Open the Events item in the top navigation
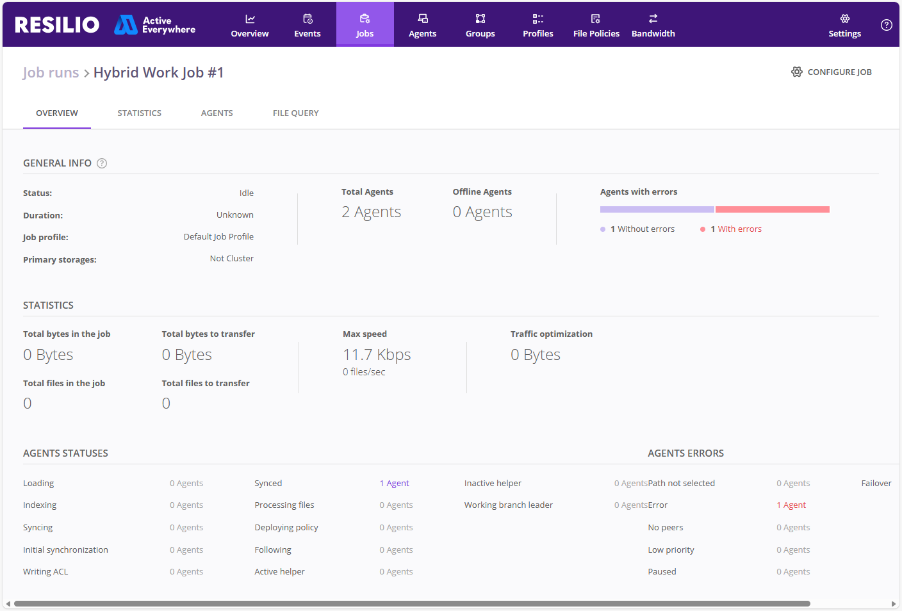(x=307, y=25)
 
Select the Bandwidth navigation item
(x=653, y=25)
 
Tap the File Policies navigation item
(x=596, y=25)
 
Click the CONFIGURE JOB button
(x=831, y=72)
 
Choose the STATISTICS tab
(x=139, y=113)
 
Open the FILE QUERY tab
(x=295, y=113)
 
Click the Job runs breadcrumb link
(x=51, y=72)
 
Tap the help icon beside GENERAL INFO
(x=102, y=163)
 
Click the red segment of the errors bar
(x=773, y=209)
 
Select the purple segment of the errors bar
(x=657, y=209)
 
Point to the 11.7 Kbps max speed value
(x=377, y=355)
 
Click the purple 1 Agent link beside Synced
(x=394, y=483)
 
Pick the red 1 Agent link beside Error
(x=791, y=505)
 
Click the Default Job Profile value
(x=218, y=237)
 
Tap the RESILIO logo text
(x=57, y=25)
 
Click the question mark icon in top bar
(x=886, y=25)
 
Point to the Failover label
(x=876, y=483)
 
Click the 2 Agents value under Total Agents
(x=372, y=212)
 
